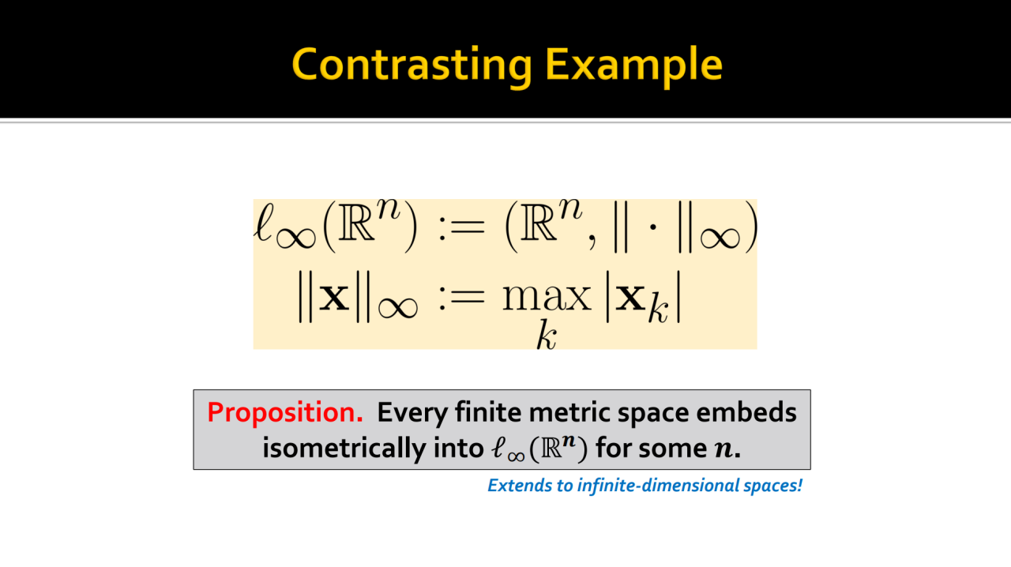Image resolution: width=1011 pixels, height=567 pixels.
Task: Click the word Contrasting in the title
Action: coord(412,66)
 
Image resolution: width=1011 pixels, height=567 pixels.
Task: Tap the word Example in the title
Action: coord(633,66)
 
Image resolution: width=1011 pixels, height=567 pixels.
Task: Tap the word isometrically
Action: coord(344,449)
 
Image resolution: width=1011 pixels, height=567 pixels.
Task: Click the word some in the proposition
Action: coord(673,449)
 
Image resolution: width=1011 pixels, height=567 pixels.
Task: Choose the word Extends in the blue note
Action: coord(519,486)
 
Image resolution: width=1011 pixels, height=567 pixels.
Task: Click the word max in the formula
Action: coord(547,298)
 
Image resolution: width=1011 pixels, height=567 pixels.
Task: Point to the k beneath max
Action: coord(547,335)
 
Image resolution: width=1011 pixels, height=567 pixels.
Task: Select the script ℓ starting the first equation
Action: coord(264,222)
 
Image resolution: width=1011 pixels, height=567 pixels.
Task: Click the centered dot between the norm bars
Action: coord(652,227)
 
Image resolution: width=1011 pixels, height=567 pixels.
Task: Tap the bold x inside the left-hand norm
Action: coord(334,298)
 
